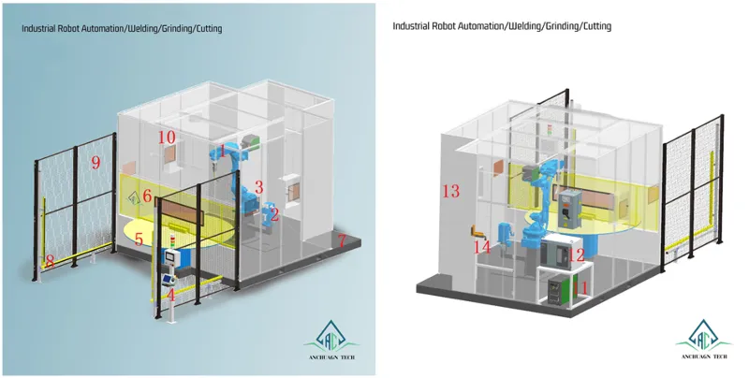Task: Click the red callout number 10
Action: [166, 138]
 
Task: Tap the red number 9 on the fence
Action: [95, 163]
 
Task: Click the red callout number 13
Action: [451, 191]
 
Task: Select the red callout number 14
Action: [481, 247]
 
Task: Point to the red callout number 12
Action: [577, 254]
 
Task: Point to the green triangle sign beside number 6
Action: [134, 197]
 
